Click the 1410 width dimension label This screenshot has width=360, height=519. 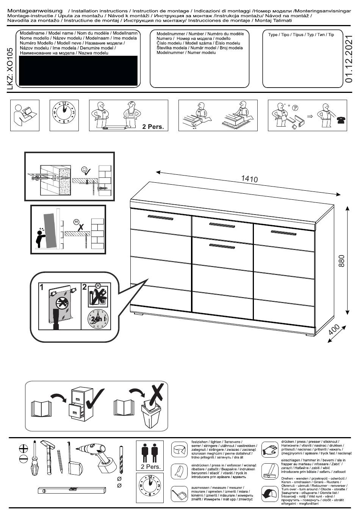(249, 179)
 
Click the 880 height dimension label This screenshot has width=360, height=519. (341, 261)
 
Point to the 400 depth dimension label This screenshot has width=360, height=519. (334, 331)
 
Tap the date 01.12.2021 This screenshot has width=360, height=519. (349, 59)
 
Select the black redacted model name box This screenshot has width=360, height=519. (78, 71)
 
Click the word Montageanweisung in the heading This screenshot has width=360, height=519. (35, 11)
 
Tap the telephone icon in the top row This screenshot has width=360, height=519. (340, 120)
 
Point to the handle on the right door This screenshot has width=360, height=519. (283, 232)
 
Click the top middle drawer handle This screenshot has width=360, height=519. (222, 225)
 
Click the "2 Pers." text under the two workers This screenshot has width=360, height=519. (153, 127)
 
